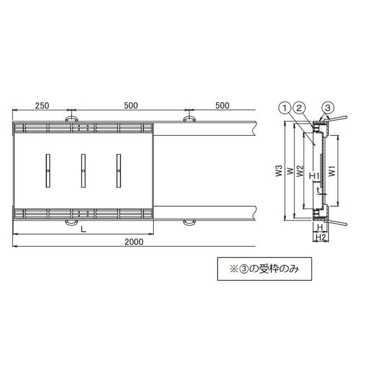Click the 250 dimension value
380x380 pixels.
tap(42, 105)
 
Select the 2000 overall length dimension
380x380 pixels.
tap(134, 242)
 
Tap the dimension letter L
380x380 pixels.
tap(84, 229)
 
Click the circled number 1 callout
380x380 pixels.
tap(285, 108)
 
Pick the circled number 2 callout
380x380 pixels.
tap(300, 108)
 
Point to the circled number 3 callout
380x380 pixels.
tap(328, 108)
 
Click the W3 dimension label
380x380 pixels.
tap(279, 171)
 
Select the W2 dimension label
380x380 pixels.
tap(300, 171)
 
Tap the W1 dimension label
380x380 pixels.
tap(332, 171)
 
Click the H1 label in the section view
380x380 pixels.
tap(314, 176)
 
